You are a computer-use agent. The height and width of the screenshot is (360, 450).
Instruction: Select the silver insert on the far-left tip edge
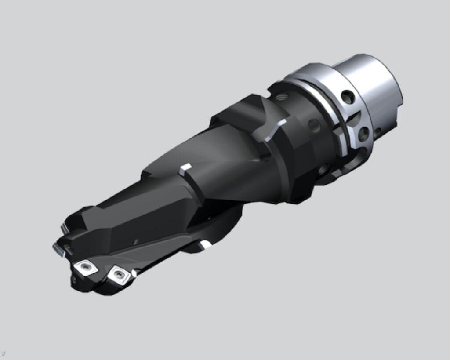[x=59, y=250]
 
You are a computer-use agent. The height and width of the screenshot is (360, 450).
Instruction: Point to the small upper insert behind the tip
[x=64, y=227]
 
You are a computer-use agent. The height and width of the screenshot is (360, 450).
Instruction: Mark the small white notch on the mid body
[x=186, y=167]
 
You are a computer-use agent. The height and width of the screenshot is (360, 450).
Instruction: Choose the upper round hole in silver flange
[x=348, y=97]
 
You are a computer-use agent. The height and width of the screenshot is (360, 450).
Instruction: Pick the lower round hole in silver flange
[x=363, y=133]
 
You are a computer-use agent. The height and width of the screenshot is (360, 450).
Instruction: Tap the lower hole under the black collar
[x=323, y=168]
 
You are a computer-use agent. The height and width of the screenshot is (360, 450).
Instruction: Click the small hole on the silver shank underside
[x=377, y=131]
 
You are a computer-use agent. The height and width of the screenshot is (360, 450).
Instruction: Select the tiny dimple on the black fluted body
[x=136, y=241]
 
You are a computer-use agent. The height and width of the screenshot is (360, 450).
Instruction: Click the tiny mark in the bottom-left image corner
[x=3, y=353]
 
